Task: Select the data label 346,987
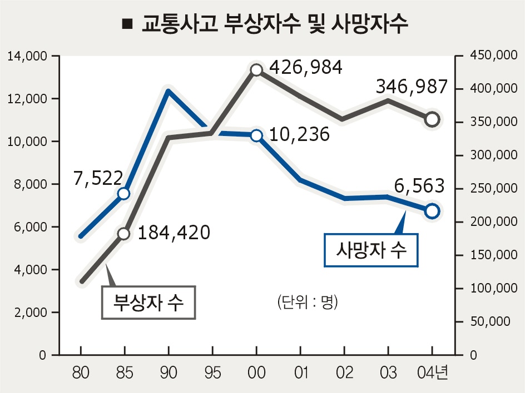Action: [412, 87]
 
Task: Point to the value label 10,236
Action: [299, 134]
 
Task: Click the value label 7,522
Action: [97, 178]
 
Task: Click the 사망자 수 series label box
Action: [372, 250]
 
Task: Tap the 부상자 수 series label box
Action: [148, 303]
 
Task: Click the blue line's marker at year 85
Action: [124, 193]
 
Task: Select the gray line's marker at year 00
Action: [256, 70]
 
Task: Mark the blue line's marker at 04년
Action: [432, 210]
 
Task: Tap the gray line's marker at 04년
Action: [432, 119]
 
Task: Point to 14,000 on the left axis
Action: [26, 56]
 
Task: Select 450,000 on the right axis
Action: [490, 56]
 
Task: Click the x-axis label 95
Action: [212, 372]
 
